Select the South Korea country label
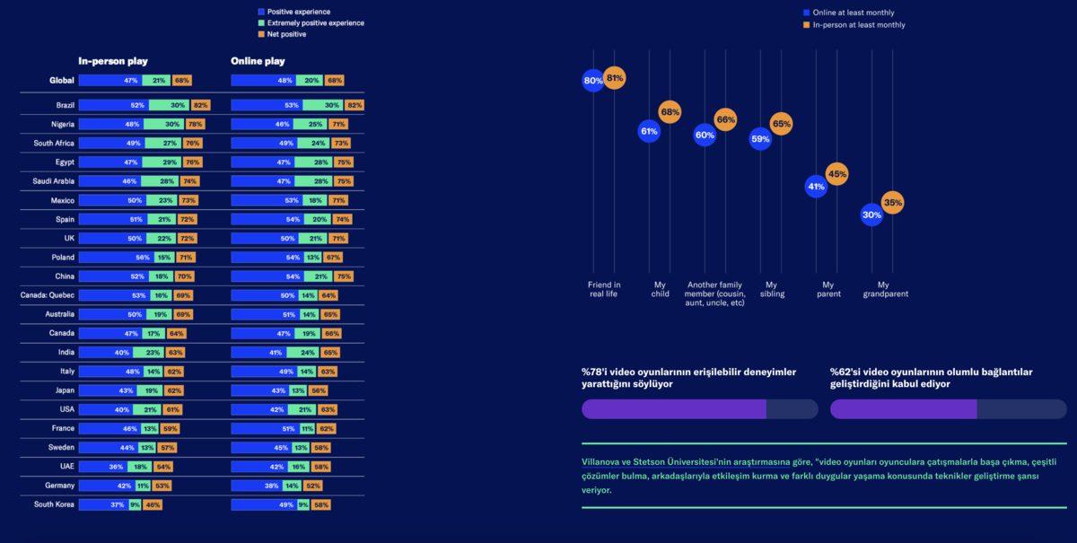pyautogui.click(x=54, y=504)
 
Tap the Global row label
pyautogui.click(x=62, y=81)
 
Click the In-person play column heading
pyautogui.click(x=113, y=61)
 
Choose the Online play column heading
pyautogui.click(x=258, y=61)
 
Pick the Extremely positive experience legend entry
pyautogui.click(x=316, y=23)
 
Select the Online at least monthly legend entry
pyautogui.click(x=853, y=13)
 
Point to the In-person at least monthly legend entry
pyautogui.click(x=858, y=25)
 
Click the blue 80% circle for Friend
pyautogui.click(x=593, y=81)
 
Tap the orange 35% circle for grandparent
pyautogui.click(x=892, y=203)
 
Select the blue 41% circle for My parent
pyautogui.click(x=816, y=188)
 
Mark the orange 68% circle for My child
pyautogui.click(x=670, y=112)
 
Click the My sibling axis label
pyautogui.click(x=772, y=289)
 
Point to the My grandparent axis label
pyautogui.click(x=885, y=289)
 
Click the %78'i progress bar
pyautogui.click(x=699, y=409)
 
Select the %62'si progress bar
pyautogui.click(x=948, y=409)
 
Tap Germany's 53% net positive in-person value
pyautogui.click(x=162, y=486)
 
